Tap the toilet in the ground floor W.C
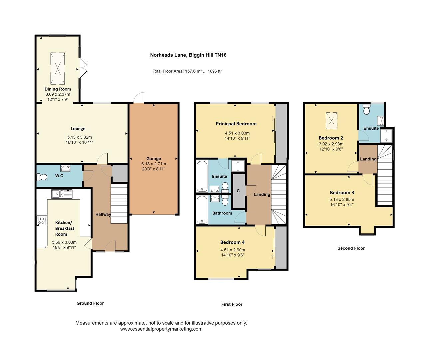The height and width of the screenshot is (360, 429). (42, 176)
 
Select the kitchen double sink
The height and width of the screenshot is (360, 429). (61, 193)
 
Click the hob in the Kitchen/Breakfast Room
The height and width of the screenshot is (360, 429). (42, 220)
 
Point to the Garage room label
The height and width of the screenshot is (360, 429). (153, 159)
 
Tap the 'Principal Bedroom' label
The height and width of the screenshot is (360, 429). (236, 124)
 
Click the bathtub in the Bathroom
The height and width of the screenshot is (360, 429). (202, 210)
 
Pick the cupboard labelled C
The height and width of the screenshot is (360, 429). (238, 191)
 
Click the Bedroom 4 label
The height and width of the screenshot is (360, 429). (232, 242)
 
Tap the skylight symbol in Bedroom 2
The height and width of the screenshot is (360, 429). (331, 120)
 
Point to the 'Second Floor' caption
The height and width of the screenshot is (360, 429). (351, 248)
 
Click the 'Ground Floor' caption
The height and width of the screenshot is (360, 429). (90, 303)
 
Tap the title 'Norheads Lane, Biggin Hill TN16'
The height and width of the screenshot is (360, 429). (188, 55)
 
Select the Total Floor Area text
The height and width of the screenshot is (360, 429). (187, 71)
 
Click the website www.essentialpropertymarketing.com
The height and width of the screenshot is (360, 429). (161, 329)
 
